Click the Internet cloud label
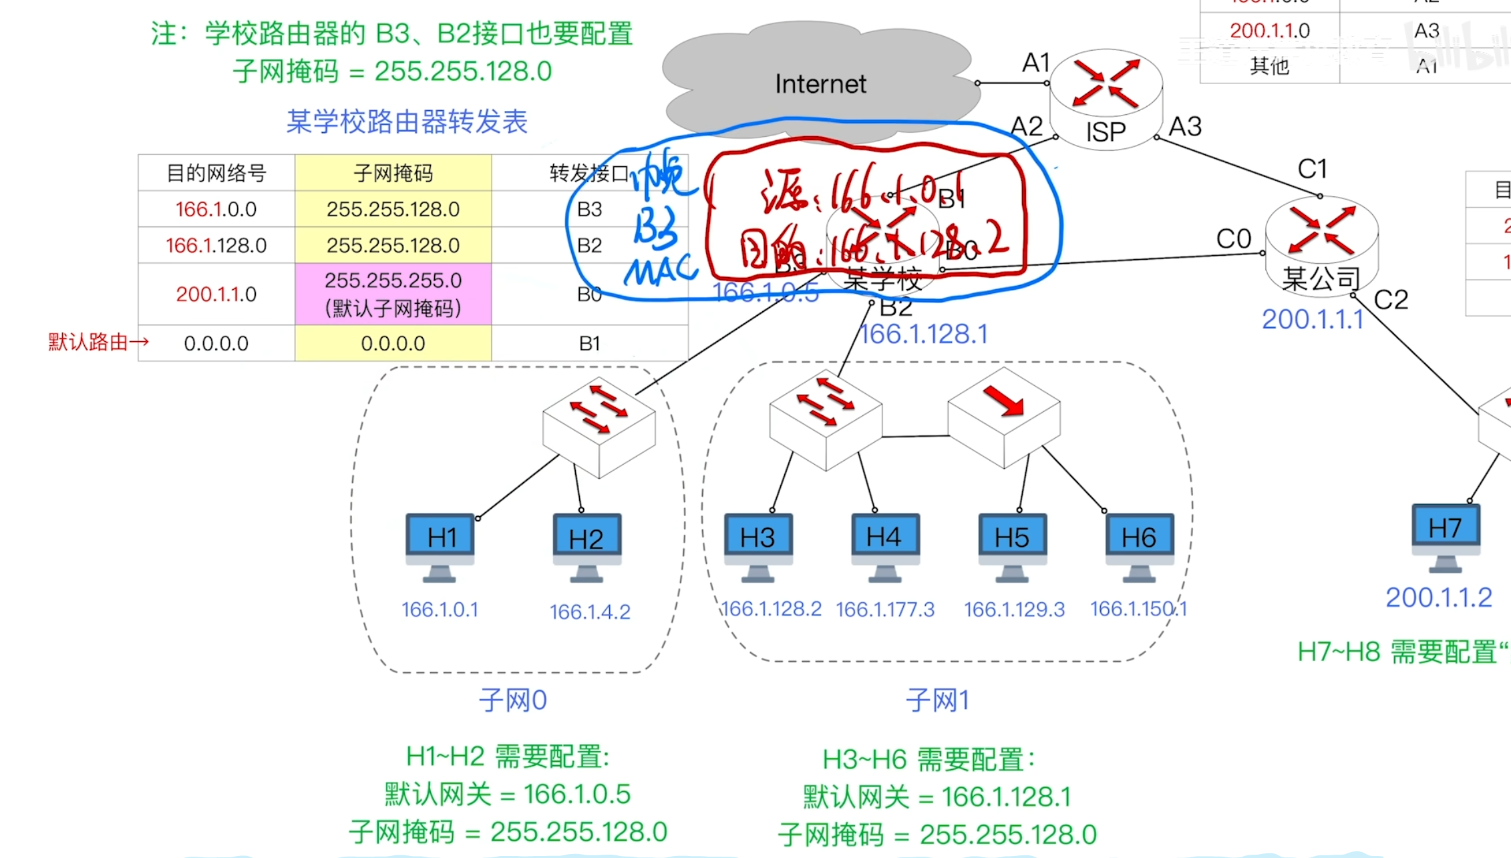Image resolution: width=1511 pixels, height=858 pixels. pos(820,84)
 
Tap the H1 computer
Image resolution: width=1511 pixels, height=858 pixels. pos(440,544)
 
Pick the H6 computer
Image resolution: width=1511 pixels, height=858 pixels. pos(1139,544)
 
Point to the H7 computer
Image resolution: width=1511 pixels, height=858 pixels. pos(1445,535)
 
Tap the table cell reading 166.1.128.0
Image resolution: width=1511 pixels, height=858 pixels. pos(216,246)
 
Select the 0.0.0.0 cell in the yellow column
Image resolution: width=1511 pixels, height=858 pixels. pos(393,343)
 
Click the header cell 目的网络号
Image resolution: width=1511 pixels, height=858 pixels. pos(216,174)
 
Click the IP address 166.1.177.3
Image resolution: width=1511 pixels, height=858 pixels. pos(885,610)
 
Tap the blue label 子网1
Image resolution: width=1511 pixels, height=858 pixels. pos(937,700)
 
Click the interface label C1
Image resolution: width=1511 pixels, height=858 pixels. pos(1312,169)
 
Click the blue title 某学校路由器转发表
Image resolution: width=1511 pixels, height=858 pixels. pos(407,122)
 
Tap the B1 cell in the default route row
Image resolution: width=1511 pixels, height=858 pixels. pos(589,343)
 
